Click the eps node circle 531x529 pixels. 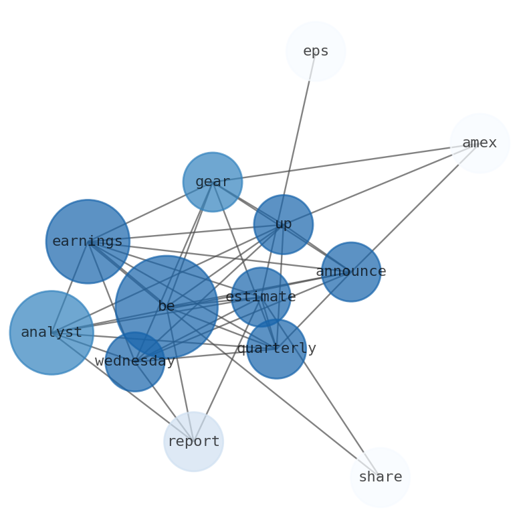tap(316, 52)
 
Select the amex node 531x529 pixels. tap(480, 143)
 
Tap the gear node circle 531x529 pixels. tap(213, 181)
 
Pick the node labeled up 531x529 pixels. tap(284, 224)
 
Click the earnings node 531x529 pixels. tap(88, 241)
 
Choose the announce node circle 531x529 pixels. tap(351, 272)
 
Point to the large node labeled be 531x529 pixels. tap(167, 307)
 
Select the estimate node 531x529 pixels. tap(261, 297)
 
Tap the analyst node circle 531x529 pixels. tap(51, 333)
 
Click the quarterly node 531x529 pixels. tap(276, 349)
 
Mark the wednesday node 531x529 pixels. tap(135, 362)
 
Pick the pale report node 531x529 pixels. tap(193, 442)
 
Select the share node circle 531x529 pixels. tap(380, 477)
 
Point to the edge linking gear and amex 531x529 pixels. tap(348, 162)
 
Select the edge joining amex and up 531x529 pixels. tap(381, 184)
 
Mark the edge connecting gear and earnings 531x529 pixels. tap(150, 211)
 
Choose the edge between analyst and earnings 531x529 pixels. tap(70, 287)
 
